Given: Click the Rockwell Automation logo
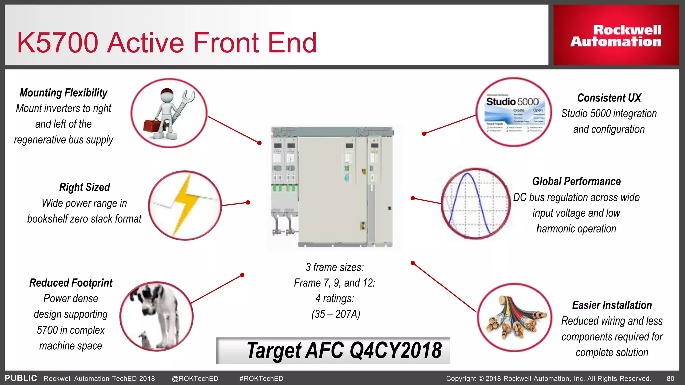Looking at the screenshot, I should point(616,36).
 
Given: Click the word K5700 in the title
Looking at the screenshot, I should point(58,43).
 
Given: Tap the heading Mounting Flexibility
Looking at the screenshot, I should point(64,93).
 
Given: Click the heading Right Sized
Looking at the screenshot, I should point(84,187).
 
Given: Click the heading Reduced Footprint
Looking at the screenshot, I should point(71,283).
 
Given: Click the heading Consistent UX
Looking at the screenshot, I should point(609,98).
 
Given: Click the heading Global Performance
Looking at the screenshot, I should point(576,181).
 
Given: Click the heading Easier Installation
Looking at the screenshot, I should point(612,305).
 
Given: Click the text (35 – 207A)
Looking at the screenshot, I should point(335,314).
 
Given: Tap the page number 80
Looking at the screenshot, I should point(670,378).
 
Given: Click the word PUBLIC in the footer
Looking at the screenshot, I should point(21,378).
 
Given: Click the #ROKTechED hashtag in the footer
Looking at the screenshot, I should point(261,378).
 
